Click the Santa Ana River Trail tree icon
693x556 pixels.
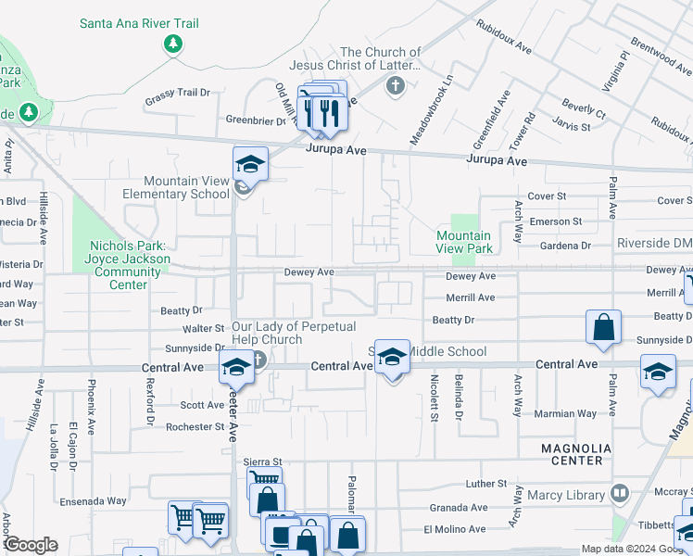click(172, 44)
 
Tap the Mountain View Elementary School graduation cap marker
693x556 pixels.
click(249, 164)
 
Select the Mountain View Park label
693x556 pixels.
click(464, 243)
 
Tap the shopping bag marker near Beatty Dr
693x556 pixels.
click(603, 327)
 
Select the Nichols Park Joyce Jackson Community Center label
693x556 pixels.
click(129, 265)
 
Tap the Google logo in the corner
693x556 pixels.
click(31, 545)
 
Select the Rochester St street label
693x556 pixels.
click(195, 427)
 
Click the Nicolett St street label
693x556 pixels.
click(434, 398)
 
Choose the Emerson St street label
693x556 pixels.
click(554, 221)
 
